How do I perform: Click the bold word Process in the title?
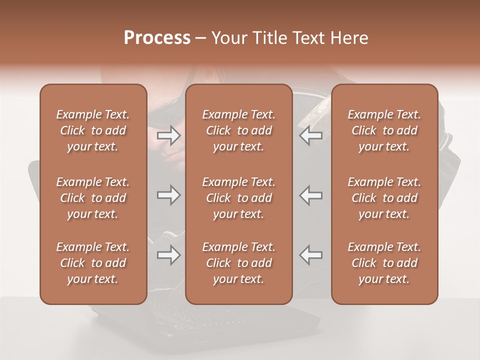pos(157,38)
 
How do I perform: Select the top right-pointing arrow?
pos(169,135)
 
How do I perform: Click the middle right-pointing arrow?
pos(169,195)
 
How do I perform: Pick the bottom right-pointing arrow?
pos(169,255)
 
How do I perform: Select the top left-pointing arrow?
pos(311,135)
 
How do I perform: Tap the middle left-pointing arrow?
pos(311,195)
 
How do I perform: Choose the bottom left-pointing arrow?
pos(311,255)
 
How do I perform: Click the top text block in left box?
pos(93,130)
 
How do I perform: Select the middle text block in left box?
pos(93,198)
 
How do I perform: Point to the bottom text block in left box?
pos(93,263)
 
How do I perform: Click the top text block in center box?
pos(239,130)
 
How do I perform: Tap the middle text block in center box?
pos(239,198)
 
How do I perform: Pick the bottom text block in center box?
pos(239,263)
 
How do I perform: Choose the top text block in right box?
pos(384,130)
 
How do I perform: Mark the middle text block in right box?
pos(384,198)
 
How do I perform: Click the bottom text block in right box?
pos(384,263)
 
